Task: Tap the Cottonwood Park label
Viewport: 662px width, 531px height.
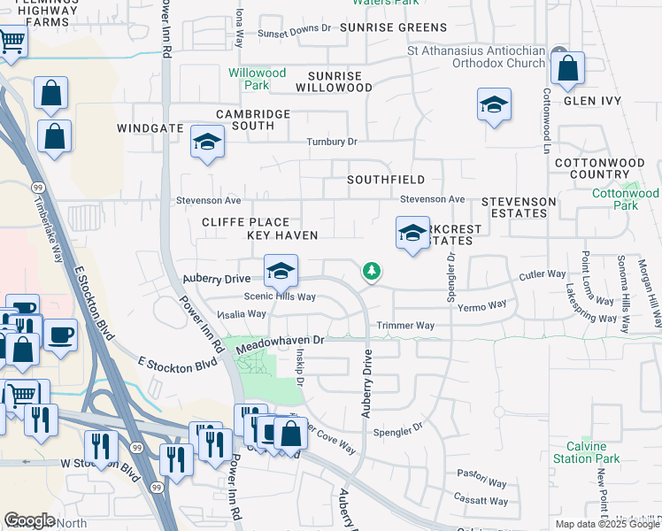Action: (x=626, y=199)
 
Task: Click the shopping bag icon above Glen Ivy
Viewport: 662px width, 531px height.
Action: (x=567, y=67)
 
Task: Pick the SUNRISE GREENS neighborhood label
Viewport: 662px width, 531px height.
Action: (x=385, y=28)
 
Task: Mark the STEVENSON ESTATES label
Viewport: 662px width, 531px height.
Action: (x=519, y=208)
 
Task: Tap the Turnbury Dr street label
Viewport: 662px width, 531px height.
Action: (x=331, y=142)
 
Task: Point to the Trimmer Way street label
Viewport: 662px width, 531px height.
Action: (x=405, y=326)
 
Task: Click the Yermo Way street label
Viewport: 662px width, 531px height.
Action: (x=483, y=304)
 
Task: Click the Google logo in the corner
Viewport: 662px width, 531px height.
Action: (x=29, y=520)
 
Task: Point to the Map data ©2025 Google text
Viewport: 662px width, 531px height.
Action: (x=606, y=524)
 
